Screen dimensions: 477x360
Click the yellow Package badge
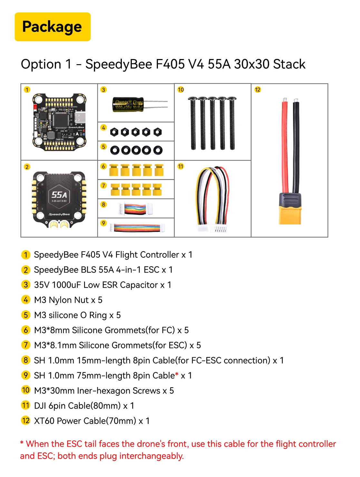(x=53, y=27)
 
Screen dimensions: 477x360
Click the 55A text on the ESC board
(x=59, y=195)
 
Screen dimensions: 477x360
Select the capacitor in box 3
(x=128, y=104)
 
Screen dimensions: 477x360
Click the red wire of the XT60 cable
(x=285, y=145)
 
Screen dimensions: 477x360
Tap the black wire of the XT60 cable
(x=296, y=145)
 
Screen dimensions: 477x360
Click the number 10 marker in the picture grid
(x=180, y=90)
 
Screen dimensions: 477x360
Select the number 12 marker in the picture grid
(x=258, y=90)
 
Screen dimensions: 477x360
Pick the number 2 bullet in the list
(x=26, y=270)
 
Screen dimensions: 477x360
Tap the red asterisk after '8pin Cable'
(x=177, y=375)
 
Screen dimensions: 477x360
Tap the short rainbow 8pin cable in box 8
(x=135, y=209)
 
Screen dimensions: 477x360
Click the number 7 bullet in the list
(x=26, y=345)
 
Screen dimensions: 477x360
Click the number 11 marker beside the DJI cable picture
(x=180, y=166)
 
